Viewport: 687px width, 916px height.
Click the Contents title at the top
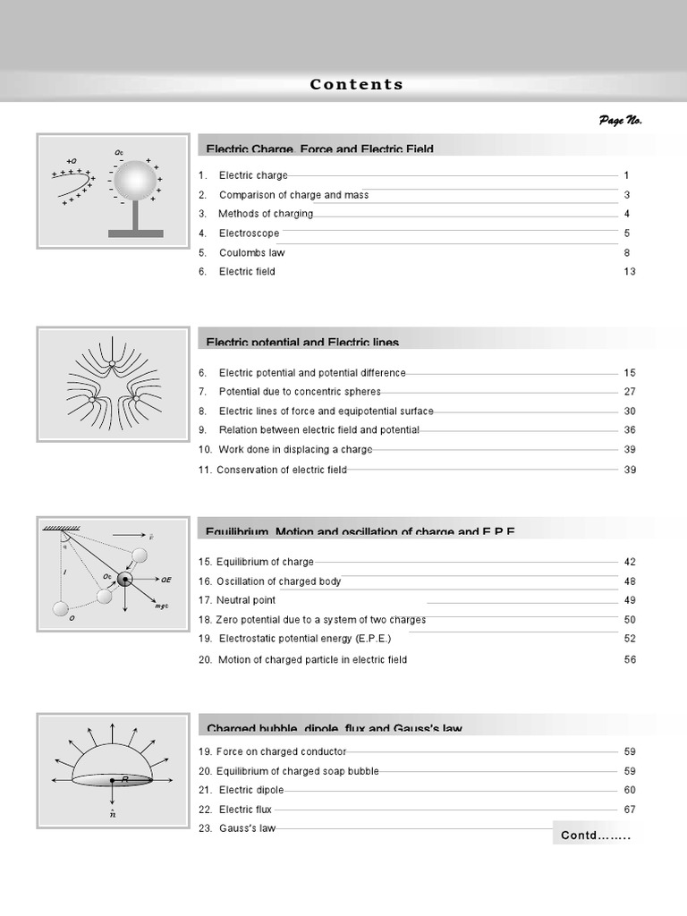[x=356, y=85]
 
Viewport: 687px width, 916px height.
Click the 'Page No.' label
[x=620, y=121]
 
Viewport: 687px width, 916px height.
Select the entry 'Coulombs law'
[x=251, y=252]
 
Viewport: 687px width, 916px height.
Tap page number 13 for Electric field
[x=629, y=271]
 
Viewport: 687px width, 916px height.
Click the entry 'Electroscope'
[x=249, y=233]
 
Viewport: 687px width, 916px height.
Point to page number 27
[x=629, y=392]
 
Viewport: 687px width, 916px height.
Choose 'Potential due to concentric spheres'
[x=300, y=392]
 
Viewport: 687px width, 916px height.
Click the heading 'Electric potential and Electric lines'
[x=302, y=342]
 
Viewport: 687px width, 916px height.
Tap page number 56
[x=629, y=659]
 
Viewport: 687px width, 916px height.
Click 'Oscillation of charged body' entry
[x=278, y=581]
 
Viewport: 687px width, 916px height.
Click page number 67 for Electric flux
[x=629, y=810]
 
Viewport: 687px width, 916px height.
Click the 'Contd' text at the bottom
[x=596, y=836]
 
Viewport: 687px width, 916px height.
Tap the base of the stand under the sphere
[x=135, y=233]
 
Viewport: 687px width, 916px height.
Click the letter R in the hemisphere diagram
[x=125, y=780]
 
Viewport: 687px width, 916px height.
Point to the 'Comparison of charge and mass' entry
[x=293, y=195]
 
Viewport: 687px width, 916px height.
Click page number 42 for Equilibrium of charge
[x=629, y=562]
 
